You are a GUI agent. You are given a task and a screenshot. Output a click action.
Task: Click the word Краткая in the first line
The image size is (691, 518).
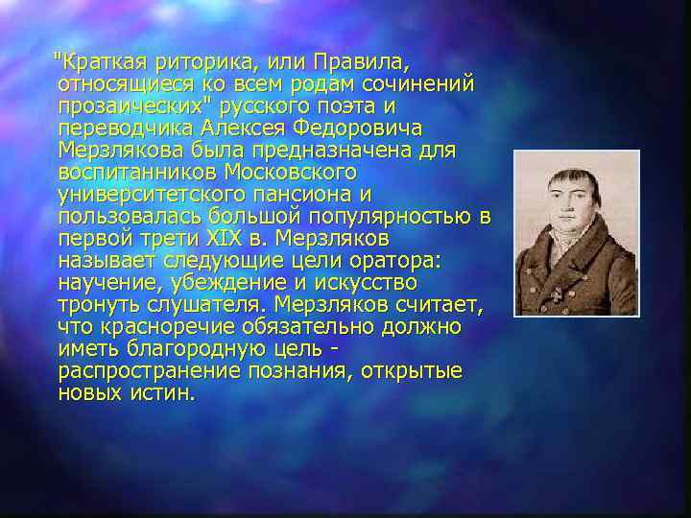point(100,63)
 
